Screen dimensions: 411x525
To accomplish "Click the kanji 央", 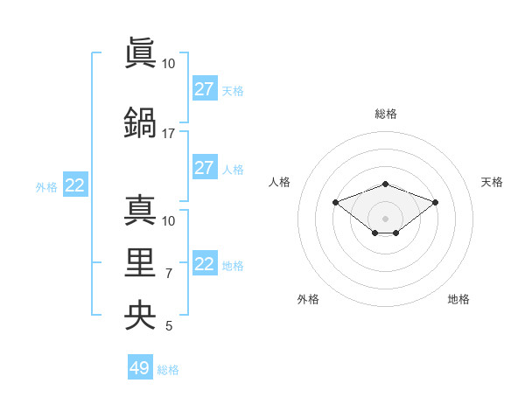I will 141,314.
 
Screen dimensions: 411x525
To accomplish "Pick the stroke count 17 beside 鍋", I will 168,134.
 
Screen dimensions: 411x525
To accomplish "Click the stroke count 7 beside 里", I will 169,274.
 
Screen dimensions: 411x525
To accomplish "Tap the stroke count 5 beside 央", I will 169,327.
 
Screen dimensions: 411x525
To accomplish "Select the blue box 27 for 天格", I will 204,89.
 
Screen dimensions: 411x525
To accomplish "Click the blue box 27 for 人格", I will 204,168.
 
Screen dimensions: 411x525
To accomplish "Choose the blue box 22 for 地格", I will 204,264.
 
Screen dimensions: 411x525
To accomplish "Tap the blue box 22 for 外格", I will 74,185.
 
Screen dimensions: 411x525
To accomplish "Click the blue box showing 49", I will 140,368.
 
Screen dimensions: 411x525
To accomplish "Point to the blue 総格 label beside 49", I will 168,370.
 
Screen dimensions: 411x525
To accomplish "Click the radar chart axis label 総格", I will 385,114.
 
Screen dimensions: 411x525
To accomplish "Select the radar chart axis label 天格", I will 492,182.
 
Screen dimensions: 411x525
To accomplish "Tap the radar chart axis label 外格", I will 308,299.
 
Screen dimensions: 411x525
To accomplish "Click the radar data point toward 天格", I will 435,202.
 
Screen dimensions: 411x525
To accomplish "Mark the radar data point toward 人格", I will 335,202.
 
